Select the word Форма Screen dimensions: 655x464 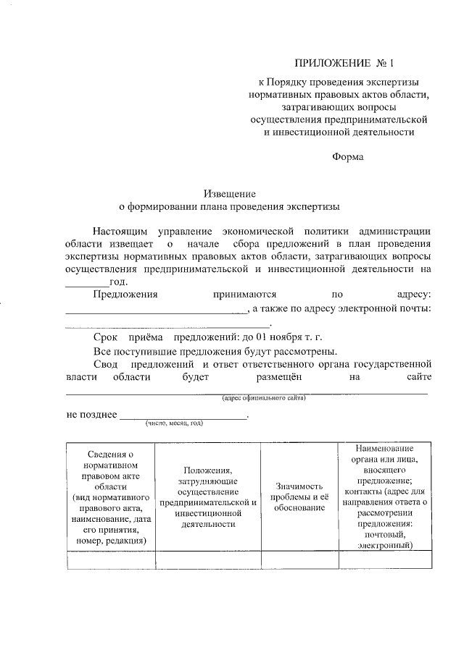point(348,157)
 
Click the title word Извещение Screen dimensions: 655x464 point(229,194)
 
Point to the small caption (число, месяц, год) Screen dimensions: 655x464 point(173,423)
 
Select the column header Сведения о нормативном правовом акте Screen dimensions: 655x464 point(110,496)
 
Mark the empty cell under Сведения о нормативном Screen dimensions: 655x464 point(110,561)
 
